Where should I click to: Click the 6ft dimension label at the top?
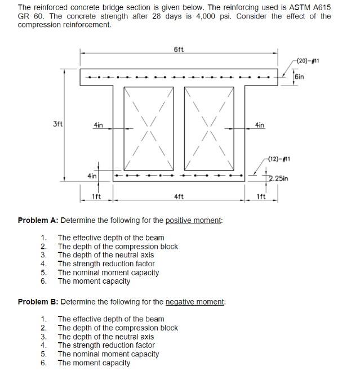178,49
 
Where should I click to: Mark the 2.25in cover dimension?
278,179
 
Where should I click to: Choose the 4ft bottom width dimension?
179,197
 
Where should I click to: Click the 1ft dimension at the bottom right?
260,197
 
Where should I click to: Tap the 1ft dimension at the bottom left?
96,197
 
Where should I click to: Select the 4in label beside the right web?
260,125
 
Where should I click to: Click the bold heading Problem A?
38,220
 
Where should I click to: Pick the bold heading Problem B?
38,302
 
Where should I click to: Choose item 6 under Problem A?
94,281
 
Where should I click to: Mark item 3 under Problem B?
105,337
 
